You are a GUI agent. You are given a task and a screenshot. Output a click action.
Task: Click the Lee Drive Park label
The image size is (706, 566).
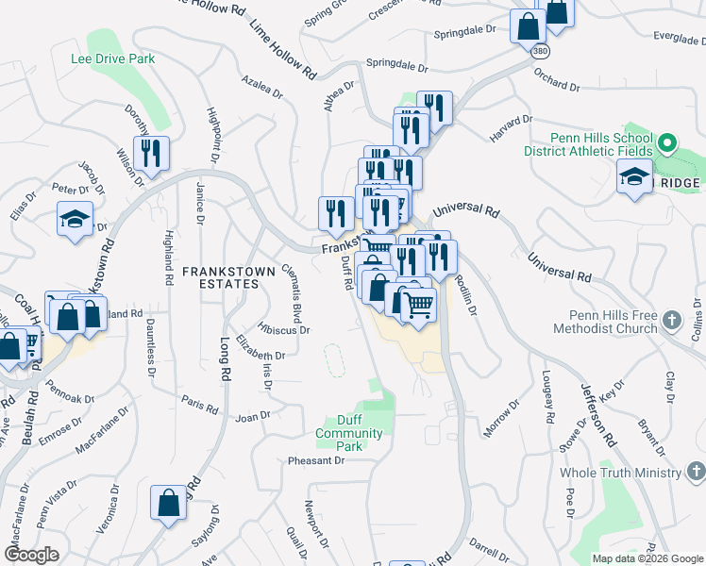112,58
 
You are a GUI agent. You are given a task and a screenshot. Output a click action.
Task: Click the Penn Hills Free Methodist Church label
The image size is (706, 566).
613,322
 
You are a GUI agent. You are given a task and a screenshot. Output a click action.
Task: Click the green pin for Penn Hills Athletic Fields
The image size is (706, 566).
668,145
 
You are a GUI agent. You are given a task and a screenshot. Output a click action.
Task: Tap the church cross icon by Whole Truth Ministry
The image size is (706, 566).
695,471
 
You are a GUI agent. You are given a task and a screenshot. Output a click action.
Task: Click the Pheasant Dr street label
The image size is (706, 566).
317,461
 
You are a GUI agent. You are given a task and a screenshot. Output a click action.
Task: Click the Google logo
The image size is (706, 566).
32,555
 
